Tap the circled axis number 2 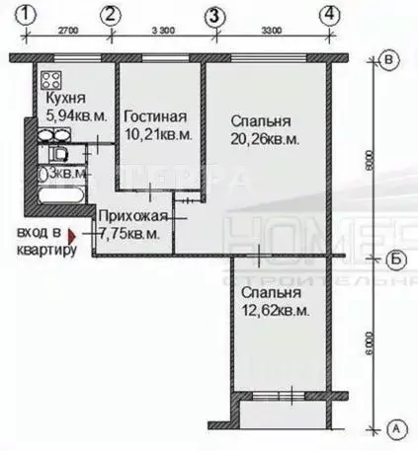click(x=111, y=15)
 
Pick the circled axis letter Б click(x=393, y=260)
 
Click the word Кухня click(x=64, y=100)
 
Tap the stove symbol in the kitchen click(x=50, y=80)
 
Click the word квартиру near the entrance click(x=45, y=250)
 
